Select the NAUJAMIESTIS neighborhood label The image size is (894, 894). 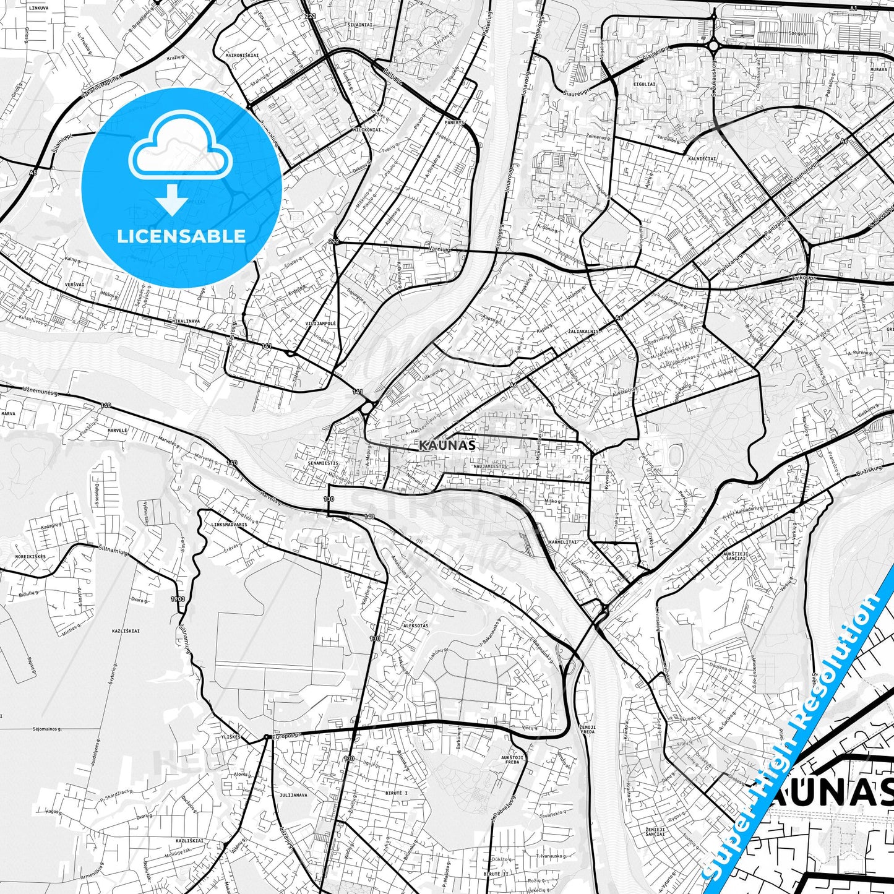pos(490,466)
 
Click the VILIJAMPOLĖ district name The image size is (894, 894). pos(321,324)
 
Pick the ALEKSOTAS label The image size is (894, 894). pos(415,625)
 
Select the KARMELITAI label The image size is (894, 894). pos(562,541)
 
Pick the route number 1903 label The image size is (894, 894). pos(178,599)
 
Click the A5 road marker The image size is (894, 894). pos(32,173)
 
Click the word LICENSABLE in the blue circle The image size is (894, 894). pos(181,236)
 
